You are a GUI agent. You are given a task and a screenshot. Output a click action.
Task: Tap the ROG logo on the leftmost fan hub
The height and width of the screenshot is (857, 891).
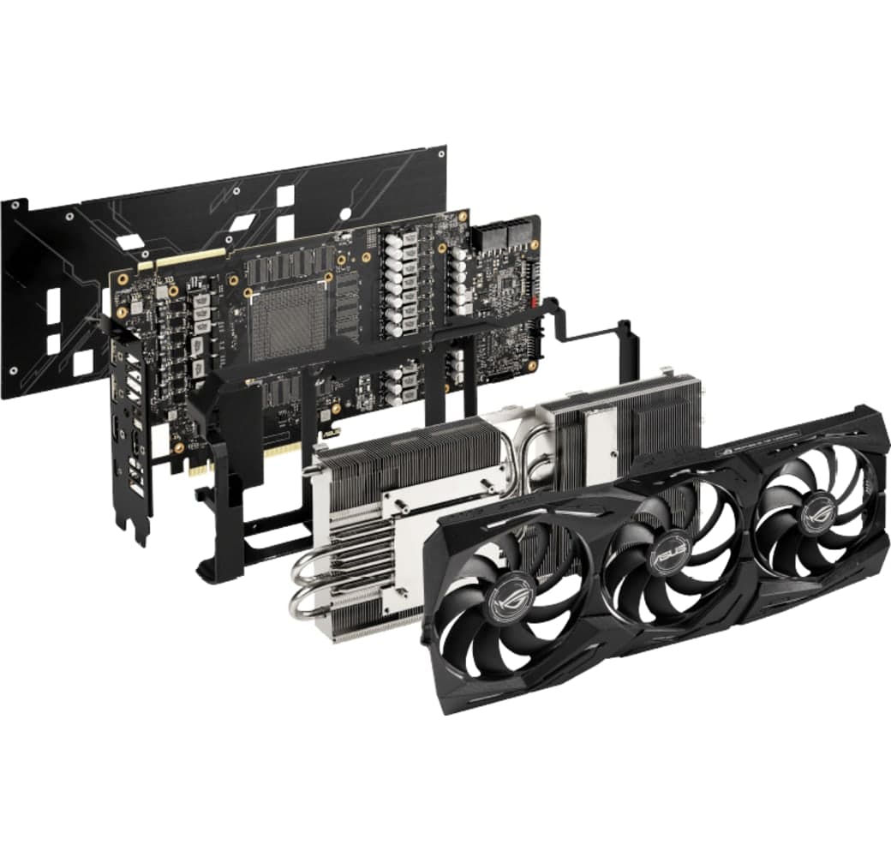(512, 601)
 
